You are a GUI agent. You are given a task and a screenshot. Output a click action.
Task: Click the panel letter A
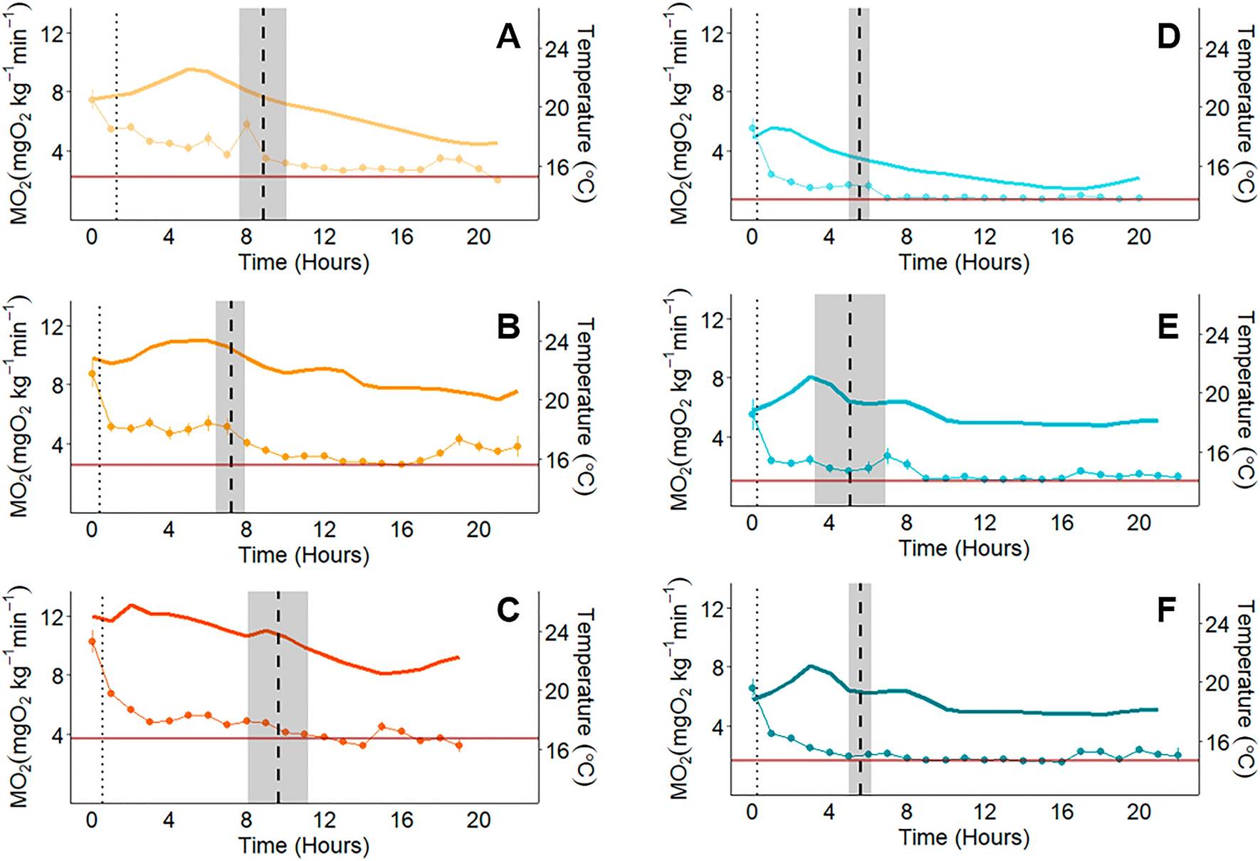coord(508,37)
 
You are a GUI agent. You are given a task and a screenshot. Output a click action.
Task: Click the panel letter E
coord(1168,327)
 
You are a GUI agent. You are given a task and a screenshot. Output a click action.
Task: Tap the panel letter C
coord(508,610)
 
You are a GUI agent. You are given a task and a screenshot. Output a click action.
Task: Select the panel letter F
coord(1167,610)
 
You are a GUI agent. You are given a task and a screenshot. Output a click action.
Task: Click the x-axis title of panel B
coord(303,555)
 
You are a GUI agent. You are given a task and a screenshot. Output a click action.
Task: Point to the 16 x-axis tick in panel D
coord(1061,237)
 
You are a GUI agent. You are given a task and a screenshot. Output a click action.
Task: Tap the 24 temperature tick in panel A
coord(557,50)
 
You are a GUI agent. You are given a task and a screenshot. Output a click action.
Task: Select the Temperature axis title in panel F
coord(1245,687)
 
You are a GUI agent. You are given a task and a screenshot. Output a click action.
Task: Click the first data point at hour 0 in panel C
coord(92,642)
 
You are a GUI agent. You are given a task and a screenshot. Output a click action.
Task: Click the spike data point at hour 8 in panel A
coord(247,125)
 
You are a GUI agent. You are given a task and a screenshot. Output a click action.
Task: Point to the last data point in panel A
coord(498,179)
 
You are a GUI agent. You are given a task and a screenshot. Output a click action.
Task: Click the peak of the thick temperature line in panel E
coord(810,377)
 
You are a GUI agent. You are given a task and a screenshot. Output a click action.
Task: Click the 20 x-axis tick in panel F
coord(1138,813)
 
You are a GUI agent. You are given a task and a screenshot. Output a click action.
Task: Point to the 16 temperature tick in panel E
coord(1217,454)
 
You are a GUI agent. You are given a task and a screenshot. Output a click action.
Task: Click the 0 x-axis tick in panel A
coord(92,237)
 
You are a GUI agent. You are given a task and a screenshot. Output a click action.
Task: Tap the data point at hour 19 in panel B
coord(459,439)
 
